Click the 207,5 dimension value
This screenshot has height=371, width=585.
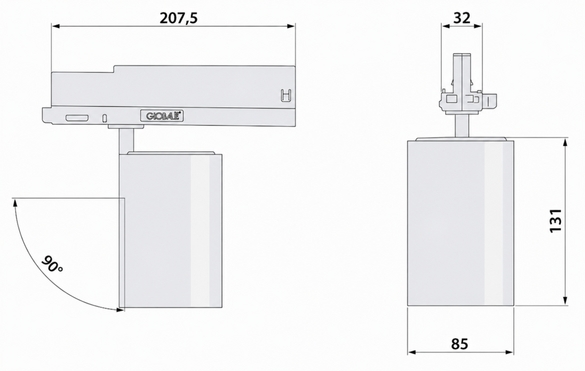[x=179, y=18]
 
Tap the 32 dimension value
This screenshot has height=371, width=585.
[x=462, y=18]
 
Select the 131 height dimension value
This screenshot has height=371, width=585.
[x=556, y=220]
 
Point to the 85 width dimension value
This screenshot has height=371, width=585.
[x=460, y=344]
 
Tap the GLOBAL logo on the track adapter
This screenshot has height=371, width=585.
[x=162, y=116]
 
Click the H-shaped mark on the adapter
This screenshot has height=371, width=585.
[x=286, y=96]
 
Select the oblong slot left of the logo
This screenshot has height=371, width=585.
[x=77, y=118]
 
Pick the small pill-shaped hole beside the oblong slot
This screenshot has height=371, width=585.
[x=105, y=118]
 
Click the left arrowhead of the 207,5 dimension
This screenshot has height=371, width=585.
[x=56, y=26]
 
